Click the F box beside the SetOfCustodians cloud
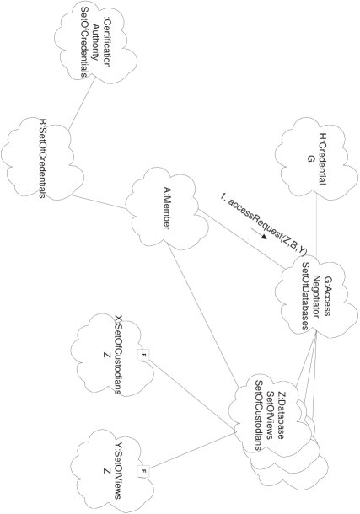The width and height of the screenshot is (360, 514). click(x=143, y=353)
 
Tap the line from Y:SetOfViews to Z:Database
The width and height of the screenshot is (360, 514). click(x=194, y=451)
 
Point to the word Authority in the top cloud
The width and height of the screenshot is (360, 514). click(x=93, y=49)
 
